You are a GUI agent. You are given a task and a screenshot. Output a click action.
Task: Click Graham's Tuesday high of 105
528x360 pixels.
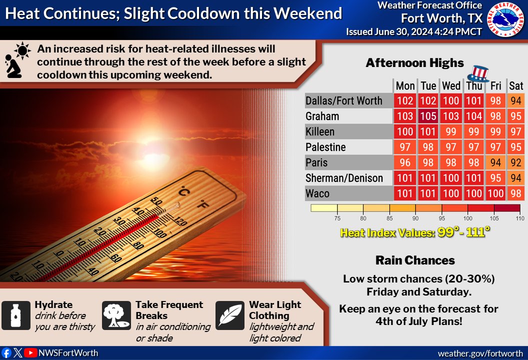click(x=428, y=116)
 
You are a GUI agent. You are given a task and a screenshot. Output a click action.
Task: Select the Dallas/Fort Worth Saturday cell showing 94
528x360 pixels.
click(x=516, y=101)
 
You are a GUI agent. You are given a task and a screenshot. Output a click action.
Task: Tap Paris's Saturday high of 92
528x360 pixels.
click(x=516, y=163)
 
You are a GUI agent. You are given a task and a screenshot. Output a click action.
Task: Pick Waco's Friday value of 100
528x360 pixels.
click(x=495, y=193)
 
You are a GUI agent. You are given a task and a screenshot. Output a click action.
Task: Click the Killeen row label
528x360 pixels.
click(x=320, y=132)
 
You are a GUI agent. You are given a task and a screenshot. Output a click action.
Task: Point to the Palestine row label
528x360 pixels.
click(x=325, y=147)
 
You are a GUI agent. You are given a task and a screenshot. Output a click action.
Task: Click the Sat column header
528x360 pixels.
click(x=516, y=86)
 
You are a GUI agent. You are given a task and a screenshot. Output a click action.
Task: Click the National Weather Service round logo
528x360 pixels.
click(x=505, y=19)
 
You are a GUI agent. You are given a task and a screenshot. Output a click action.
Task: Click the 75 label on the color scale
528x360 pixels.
click(x=337, y=218)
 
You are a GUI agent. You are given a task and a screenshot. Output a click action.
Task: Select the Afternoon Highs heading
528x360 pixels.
click(x=414, y=63)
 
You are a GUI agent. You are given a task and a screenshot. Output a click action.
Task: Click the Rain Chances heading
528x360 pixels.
click(x=415, y=260)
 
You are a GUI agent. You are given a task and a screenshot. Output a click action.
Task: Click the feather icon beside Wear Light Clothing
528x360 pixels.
click(x=229, y=315)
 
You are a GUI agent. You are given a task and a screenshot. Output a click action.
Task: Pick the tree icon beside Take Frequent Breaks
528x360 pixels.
click(x=116, y=315)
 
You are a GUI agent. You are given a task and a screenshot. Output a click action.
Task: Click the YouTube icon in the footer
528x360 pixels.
click(x=31, y=353)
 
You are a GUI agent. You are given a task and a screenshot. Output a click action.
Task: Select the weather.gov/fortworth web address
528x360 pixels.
click(x=479, y=353)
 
